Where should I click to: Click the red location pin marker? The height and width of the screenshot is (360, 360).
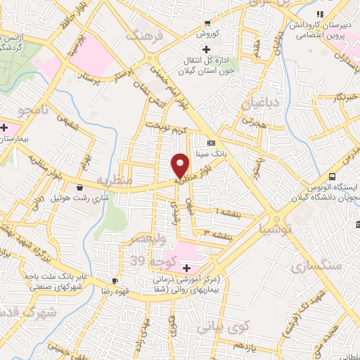pyautogui.click(x=181, y=165)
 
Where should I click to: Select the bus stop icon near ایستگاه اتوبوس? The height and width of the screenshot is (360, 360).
pyautogui.click(x=333, y=177)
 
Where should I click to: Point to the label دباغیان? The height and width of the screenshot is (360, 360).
pyautogui.click(x=256, y=103)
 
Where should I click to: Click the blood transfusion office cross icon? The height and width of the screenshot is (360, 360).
pyautogui.click(x=205, y=49)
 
